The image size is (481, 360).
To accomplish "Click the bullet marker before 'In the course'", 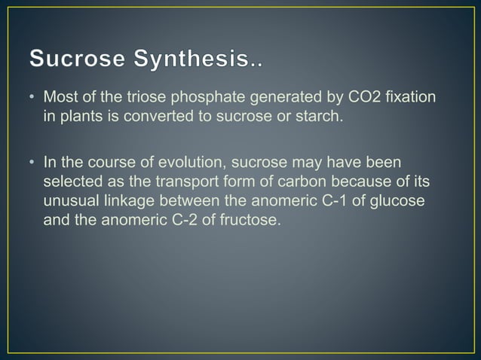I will [x=33, y=163].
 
